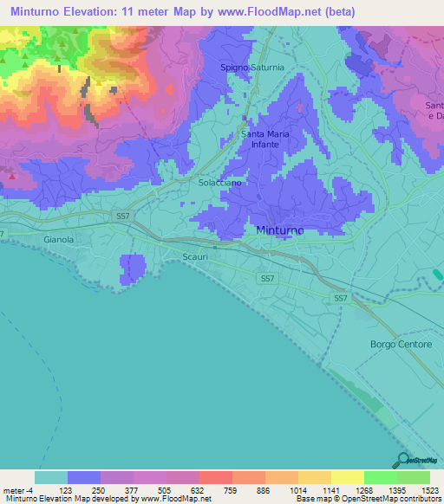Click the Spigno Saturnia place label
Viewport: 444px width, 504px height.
[252, 67]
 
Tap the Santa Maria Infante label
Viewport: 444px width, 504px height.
[264, 139]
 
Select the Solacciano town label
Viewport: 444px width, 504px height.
[219, 184]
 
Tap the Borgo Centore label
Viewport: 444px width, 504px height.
[402, 344]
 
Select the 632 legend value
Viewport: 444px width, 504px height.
[199, 489]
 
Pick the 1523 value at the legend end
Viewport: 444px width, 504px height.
[430, 489]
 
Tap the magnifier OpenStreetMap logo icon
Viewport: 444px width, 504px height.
[402, 460]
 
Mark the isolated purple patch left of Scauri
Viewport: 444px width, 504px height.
[133, 268]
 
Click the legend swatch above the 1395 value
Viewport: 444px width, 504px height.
[381, 477]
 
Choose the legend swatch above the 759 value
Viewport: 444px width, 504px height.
[216, 477]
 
